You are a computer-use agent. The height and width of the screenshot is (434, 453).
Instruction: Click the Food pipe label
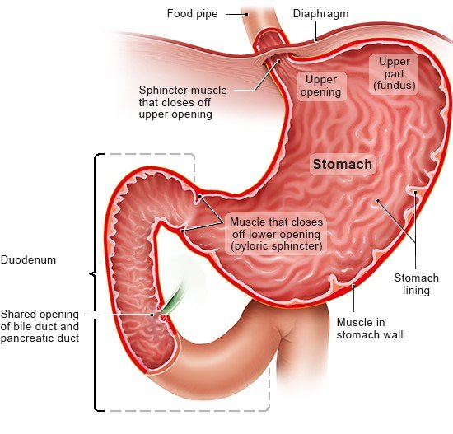point(192,13)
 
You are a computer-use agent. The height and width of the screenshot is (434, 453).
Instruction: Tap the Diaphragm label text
point(320,14)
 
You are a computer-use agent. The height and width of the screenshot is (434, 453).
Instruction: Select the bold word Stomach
point(343,164)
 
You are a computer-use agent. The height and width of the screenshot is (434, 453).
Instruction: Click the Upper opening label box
point(321,86)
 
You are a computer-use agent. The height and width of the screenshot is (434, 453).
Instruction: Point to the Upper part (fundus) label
point(394,73)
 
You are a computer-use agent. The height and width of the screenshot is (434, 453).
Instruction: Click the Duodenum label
point(28,259)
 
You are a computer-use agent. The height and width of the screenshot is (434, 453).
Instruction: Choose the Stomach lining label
point(416,284)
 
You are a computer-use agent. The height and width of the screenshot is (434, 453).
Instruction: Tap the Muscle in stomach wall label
point(370,329)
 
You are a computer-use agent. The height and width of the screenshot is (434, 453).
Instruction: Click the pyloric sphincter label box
point(277,234)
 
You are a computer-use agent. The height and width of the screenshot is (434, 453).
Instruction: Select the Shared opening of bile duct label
point(40,326)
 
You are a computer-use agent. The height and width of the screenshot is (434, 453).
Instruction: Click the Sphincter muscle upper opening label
point(183,102)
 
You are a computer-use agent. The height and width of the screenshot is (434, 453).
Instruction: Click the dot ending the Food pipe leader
point(247,14)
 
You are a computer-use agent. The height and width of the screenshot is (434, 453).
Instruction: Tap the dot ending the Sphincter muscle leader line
point(279,61)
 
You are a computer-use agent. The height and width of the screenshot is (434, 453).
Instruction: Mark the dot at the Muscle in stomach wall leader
point(353,286)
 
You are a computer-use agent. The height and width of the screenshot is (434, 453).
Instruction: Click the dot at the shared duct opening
point(152,315)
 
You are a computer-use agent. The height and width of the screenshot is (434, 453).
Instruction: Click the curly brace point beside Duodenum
point(90,273)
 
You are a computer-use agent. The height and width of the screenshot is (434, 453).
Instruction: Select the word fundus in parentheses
point(394,86)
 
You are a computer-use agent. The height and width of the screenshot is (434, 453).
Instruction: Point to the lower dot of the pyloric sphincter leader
point(182,231)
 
